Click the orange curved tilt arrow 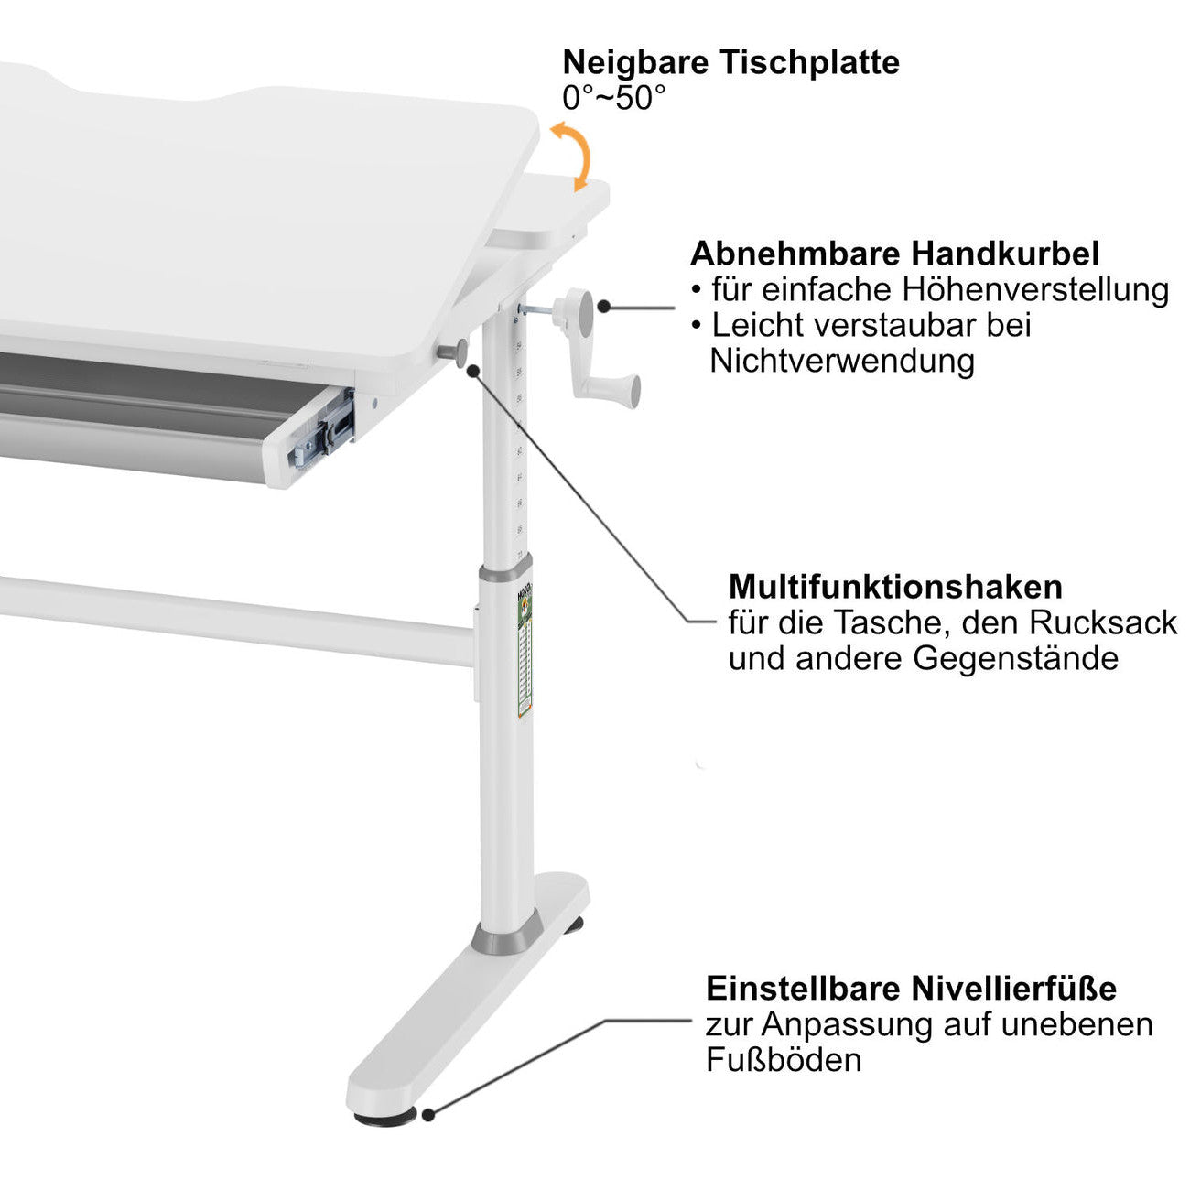574,156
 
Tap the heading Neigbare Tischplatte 730,62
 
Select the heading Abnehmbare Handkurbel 894,253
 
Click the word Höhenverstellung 1035,289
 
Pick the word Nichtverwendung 841,361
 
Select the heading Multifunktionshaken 895,586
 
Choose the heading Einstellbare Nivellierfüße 911,989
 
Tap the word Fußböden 783,1060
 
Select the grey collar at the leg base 503,936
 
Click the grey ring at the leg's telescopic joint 504,572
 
